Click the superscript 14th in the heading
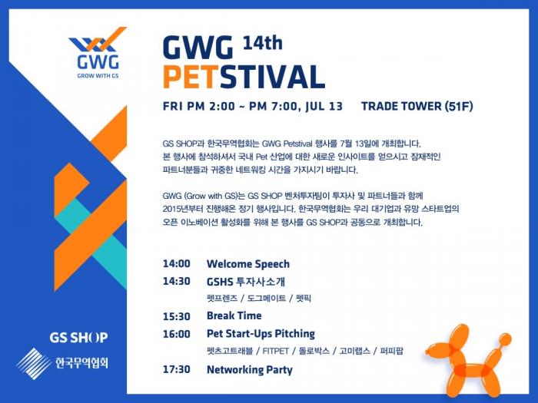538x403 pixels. click(x=263, y=43)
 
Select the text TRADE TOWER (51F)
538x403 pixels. click(x=417, y=106)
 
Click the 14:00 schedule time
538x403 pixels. click(x=176, y=263)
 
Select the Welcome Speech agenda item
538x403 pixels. click(x=248, y=264)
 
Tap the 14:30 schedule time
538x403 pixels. click(x=176, y=282)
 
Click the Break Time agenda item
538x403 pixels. click(x=234, y=315)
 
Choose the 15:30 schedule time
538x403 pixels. click(x=176, y=316)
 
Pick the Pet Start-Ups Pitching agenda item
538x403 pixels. click(x=261, y=334)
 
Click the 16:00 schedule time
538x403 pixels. click(x=176, y=334)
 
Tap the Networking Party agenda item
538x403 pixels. click(x=250, y=370)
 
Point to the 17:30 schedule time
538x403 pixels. click(x=176, y=369)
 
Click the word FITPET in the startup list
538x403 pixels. click(x=275, y=351)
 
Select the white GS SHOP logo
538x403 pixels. click(x=78, y=338)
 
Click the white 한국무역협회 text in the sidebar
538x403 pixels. click(x=81, y=363)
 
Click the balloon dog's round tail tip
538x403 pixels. click(x=506, y=339)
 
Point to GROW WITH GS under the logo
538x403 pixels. click(x=98, y=76)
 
